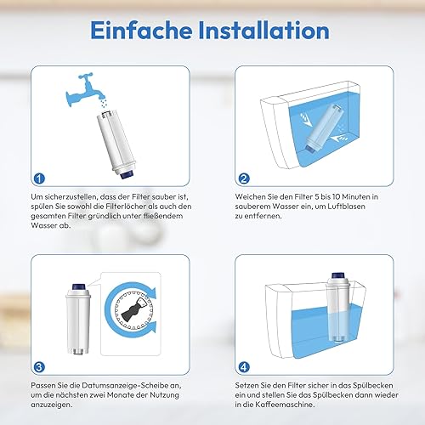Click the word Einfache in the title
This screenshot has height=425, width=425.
[141, 30]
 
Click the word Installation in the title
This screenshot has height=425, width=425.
[264, 30]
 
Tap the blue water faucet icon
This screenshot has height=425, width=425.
[83, 89]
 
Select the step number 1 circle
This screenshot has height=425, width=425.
[39, 178]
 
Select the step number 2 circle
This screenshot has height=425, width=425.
[244, 178]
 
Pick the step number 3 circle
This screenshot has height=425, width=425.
[39, 367]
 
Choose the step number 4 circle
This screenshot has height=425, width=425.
[244, 367]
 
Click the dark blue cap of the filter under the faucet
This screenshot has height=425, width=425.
[127, 174]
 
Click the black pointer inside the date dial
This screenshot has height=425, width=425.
[131, 309]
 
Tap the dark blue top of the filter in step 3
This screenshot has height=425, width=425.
[77, 286]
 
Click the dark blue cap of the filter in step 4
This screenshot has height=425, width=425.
[338, 275]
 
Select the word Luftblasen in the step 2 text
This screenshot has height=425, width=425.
[346, 207]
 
